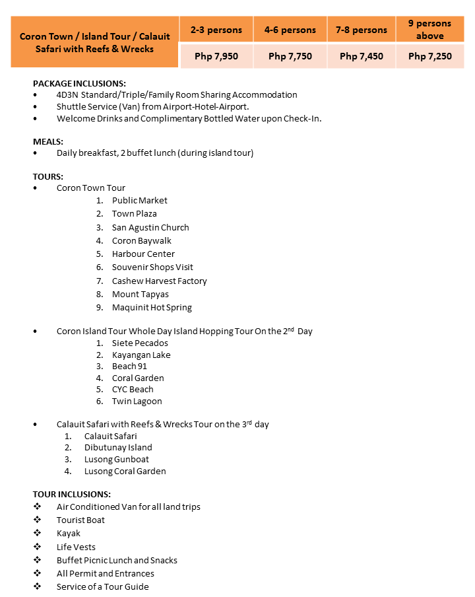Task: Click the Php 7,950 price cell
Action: (x=216, y=57)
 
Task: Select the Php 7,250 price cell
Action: (x=430, y=57)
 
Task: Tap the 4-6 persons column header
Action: (x=290, y=30)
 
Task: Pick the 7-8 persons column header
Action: (x=362, y=30)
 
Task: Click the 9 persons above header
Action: (x=430, y=30)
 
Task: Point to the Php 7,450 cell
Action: (x=362, y=57)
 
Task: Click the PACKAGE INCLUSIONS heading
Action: (x=79, y=83)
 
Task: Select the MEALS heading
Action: (x=48, y=141)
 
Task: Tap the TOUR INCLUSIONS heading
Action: (x=72, y=494)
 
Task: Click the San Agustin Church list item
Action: (x=150, y=227)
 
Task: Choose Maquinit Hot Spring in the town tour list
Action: (x=152, y=307)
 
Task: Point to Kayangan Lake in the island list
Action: (x=141, y=355)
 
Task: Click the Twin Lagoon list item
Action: (x=137, y=401)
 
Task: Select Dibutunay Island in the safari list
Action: (x=118, y=447)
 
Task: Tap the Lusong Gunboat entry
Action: (x=117, y=459)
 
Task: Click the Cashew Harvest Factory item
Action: (x=159, y=281)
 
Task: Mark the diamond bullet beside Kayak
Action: (x=37, y=533)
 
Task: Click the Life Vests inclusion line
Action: (x=76, y=547)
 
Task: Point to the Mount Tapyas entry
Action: (x=141, y=294)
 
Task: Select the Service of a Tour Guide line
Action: (x=102, y=586)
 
